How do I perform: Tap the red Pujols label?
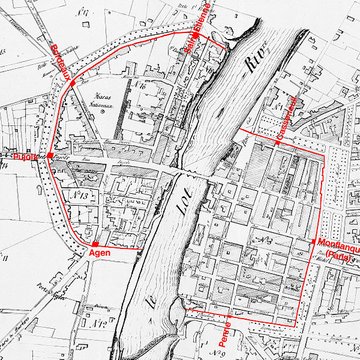coord(23,156)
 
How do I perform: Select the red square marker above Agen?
coord(93,243)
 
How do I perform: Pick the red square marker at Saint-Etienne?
coord(197,33)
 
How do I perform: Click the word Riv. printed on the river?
coord(259,67)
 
